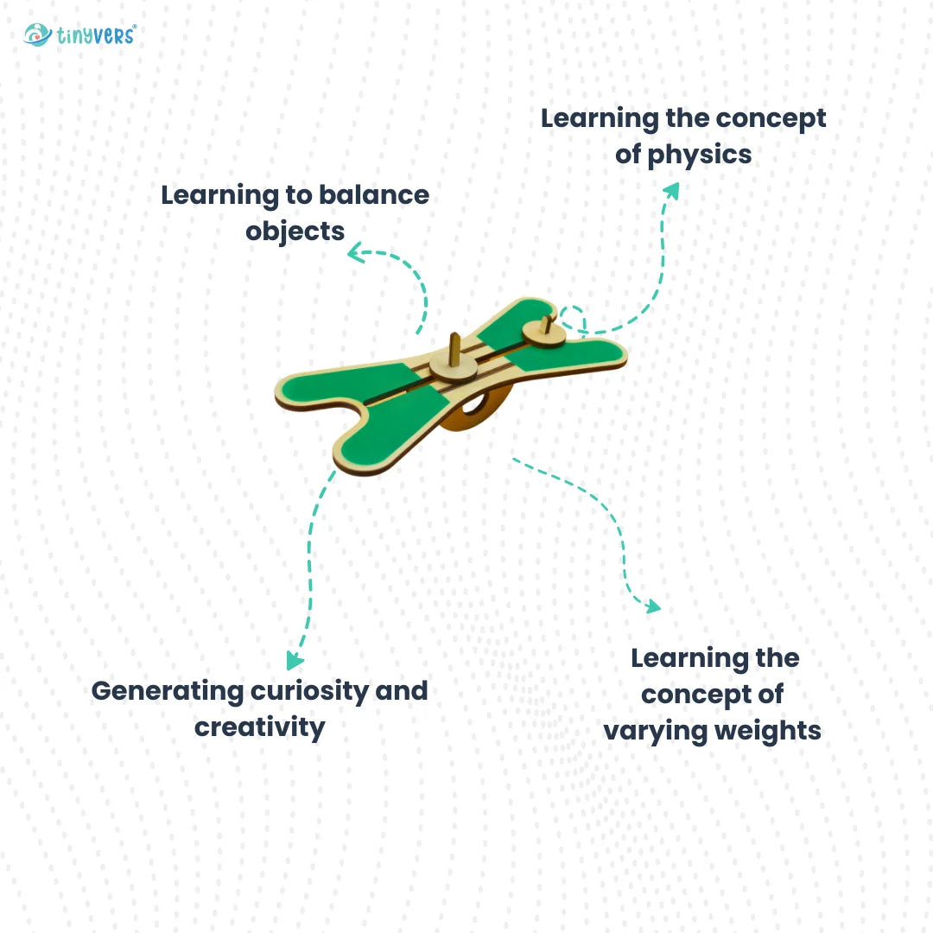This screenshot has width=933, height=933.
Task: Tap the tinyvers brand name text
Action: [x=96, y=35]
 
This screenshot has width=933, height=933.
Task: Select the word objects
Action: [x=295, y=232]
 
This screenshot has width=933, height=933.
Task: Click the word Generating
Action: [x=168, y=691]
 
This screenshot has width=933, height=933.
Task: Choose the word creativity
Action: [x=259, y=727]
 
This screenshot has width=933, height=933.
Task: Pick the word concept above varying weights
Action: [x=712, y=695]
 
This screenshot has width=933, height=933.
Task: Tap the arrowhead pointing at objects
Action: [x=354, y=252]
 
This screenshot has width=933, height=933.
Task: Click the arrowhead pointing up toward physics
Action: [x=670, y=190]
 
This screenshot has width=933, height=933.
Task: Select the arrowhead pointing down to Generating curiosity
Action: [x=294, y=662]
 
